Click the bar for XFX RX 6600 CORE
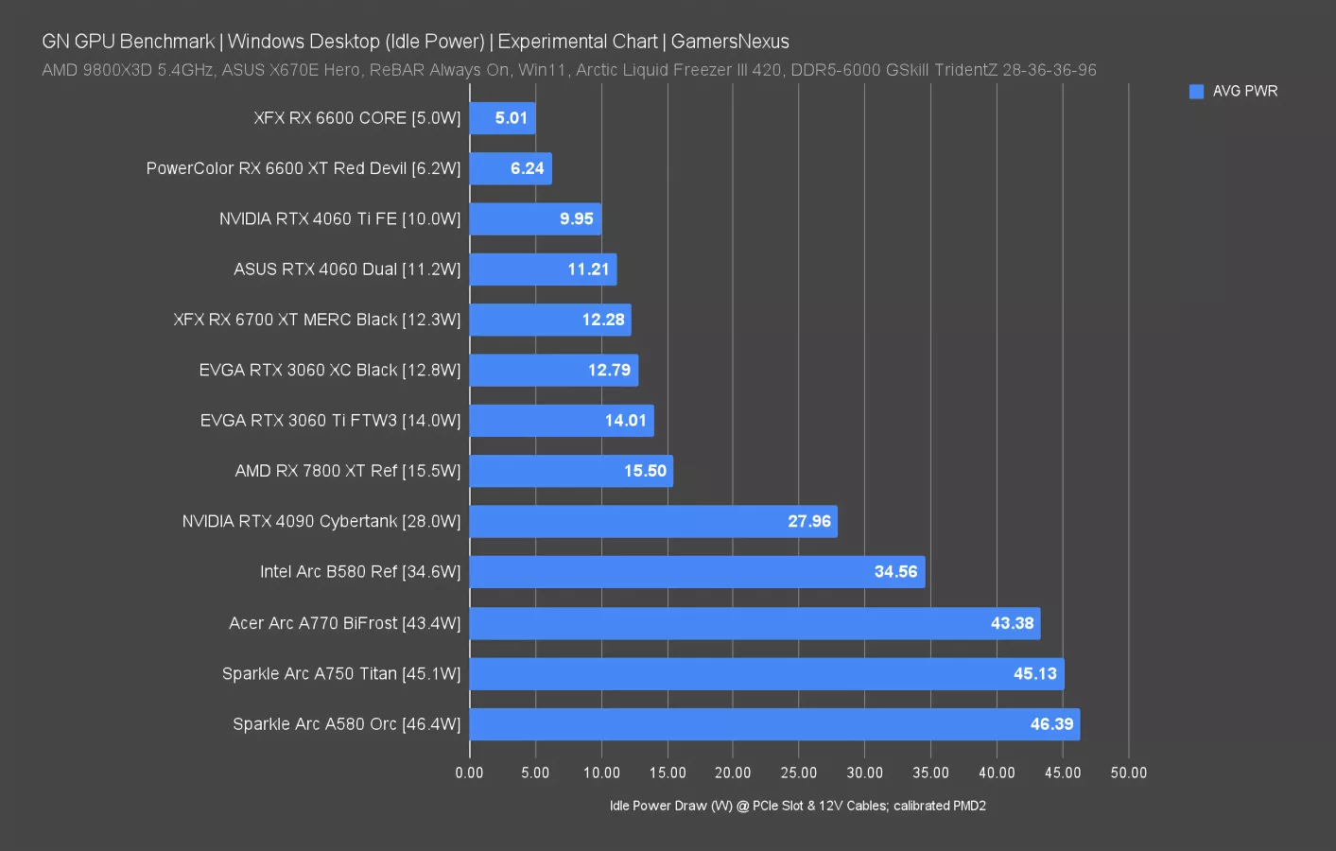point(502,118)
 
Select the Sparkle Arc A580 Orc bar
point(773,724)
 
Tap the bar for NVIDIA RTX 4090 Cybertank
point(652,521)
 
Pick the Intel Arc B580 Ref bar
point(697,572)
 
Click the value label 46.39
point(1051,724)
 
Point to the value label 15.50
point(645,471)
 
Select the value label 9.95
point(576,218)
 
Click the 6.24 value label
point(527,168)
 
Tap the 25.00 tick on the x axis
point(799,773)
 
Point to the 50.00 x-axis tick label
point(1128,773)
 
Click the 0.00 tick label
point(469,773)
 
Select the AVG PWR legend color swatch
point(1196,92)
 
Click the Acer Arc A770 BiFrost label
point(344,623)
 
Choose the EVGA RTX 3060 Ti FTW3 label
point(330,421)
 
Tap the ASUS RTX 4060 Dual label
point(347,269)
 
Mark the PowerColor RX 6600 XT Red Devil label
point(303,168)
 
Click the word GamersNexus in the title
point(729,42)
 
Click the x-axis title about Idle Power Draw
point(797,806)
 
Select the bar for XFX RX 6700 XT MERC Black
point(549,320)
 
